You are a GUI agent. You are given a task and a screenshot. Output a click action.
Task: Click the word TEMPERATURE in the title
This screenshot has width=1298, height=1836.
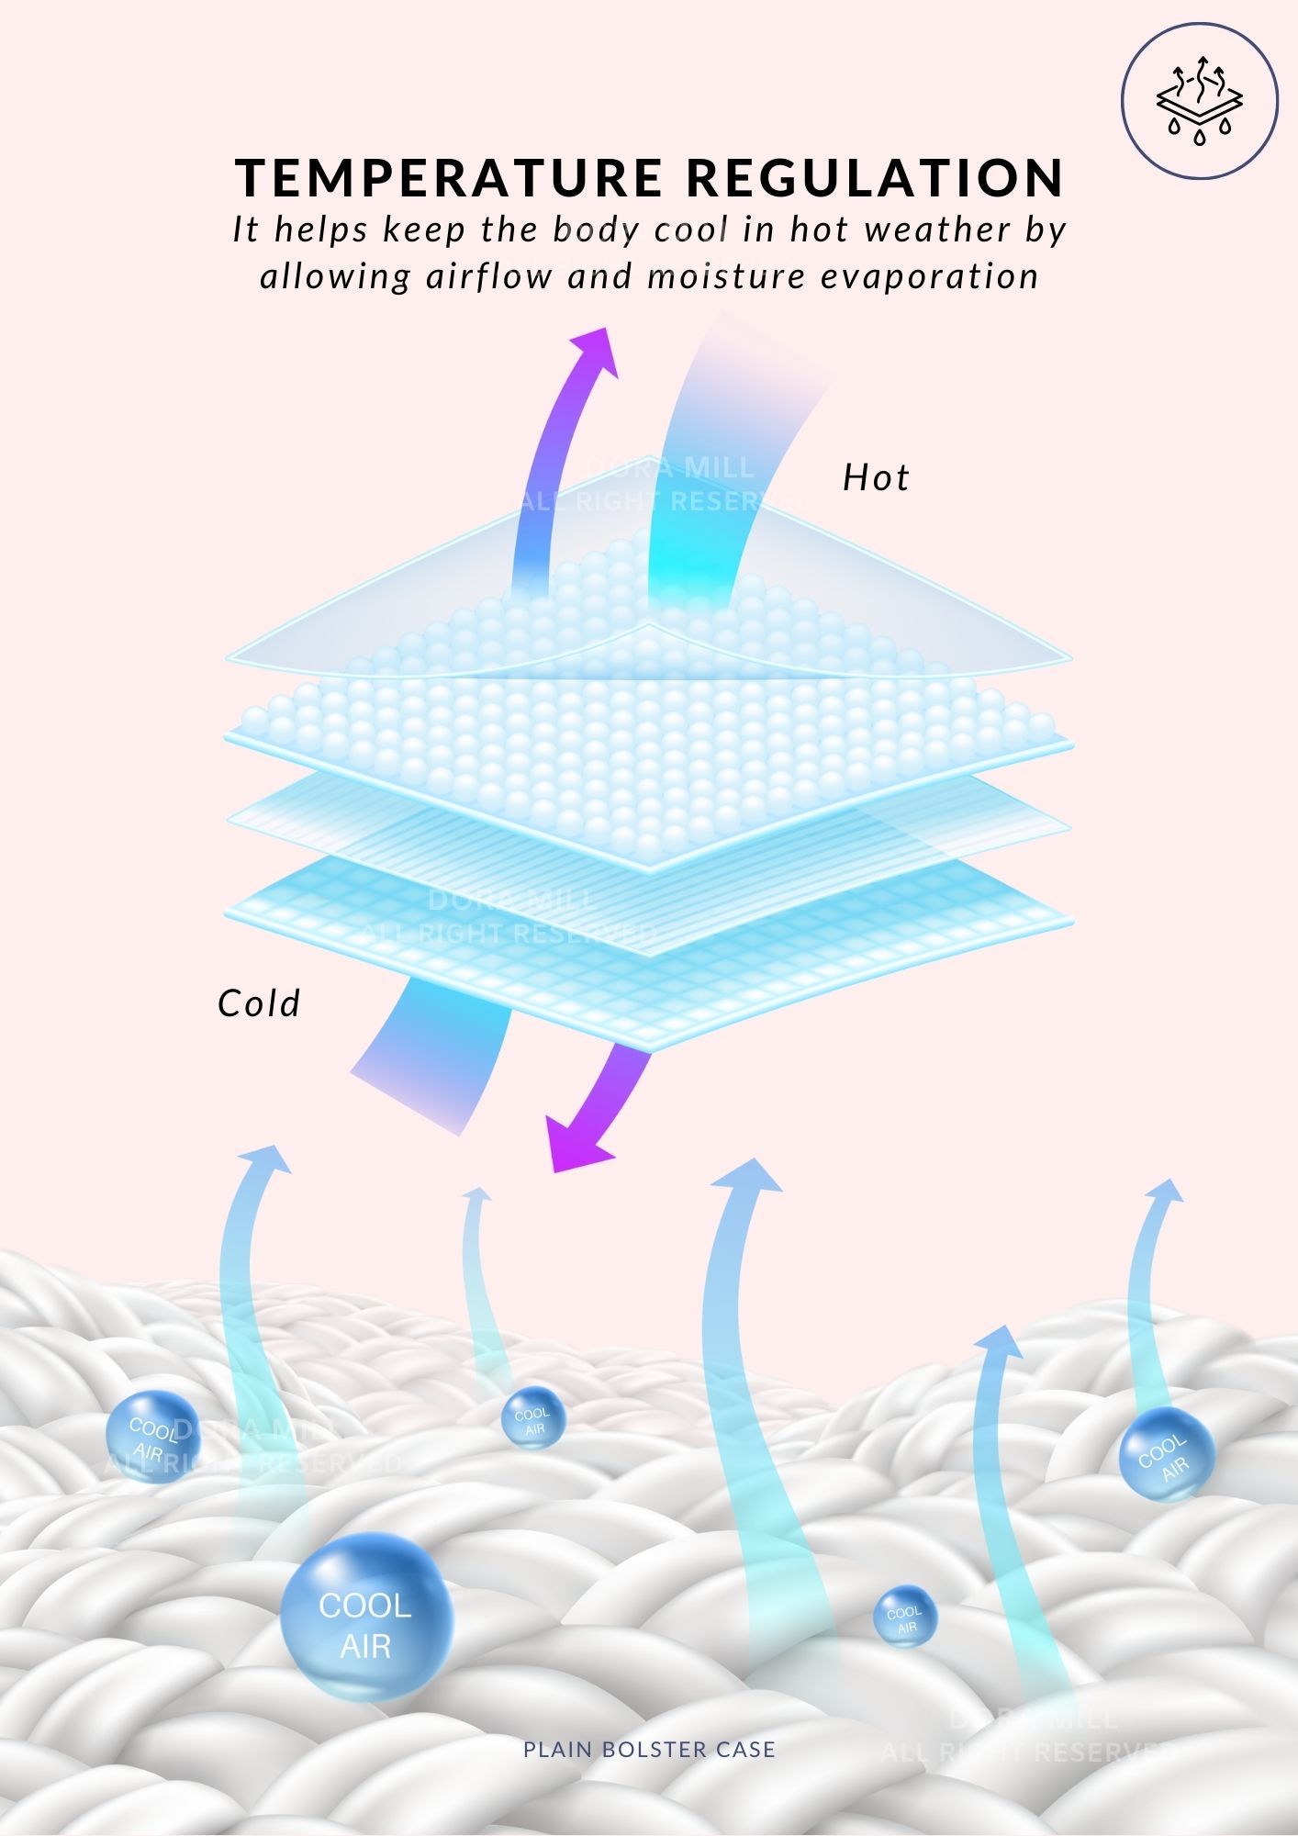[449, 177]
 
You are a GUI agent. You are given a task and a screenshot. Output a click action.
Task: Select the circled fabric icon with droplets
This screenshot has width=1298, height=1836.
[1199, 101]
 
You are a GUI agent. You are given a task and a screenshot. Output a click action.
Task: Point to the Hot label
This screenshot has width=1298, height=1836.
[876, 478]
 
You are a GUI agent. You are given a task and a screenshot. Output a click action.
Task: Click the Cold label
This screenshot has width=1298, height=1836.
[259, 1003]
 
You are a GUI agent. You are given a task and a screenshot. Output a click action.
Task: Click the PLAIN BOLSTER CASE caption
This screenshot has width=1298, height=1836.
[649, 1750]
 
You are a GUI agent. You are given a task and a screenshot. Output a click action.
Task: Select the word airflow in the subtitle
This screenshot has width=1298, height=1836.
[488, 276]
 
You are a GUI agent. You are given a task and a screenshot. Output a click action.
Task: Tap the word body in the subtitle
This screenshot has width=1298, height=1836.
[596, 229]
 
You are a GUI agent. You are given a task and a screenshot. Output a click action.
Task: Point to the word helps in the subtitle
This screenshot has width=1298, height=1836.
[321, 229]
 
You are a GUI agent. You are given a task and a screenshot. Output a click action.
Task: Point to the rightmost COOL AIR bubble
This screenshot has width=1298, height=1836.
[1167, 1454]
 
